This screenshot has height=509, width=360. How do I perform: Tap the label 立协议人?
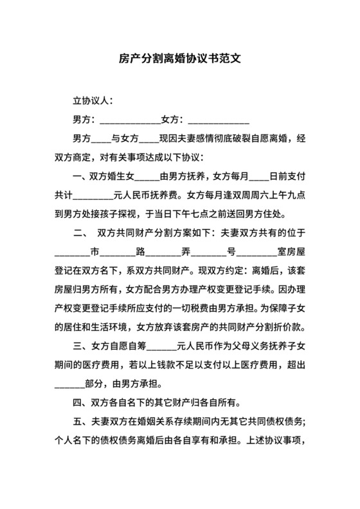click(x=93, y=101)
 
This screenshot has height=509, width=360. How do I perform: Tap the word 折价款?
click(x=293, y=325)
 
